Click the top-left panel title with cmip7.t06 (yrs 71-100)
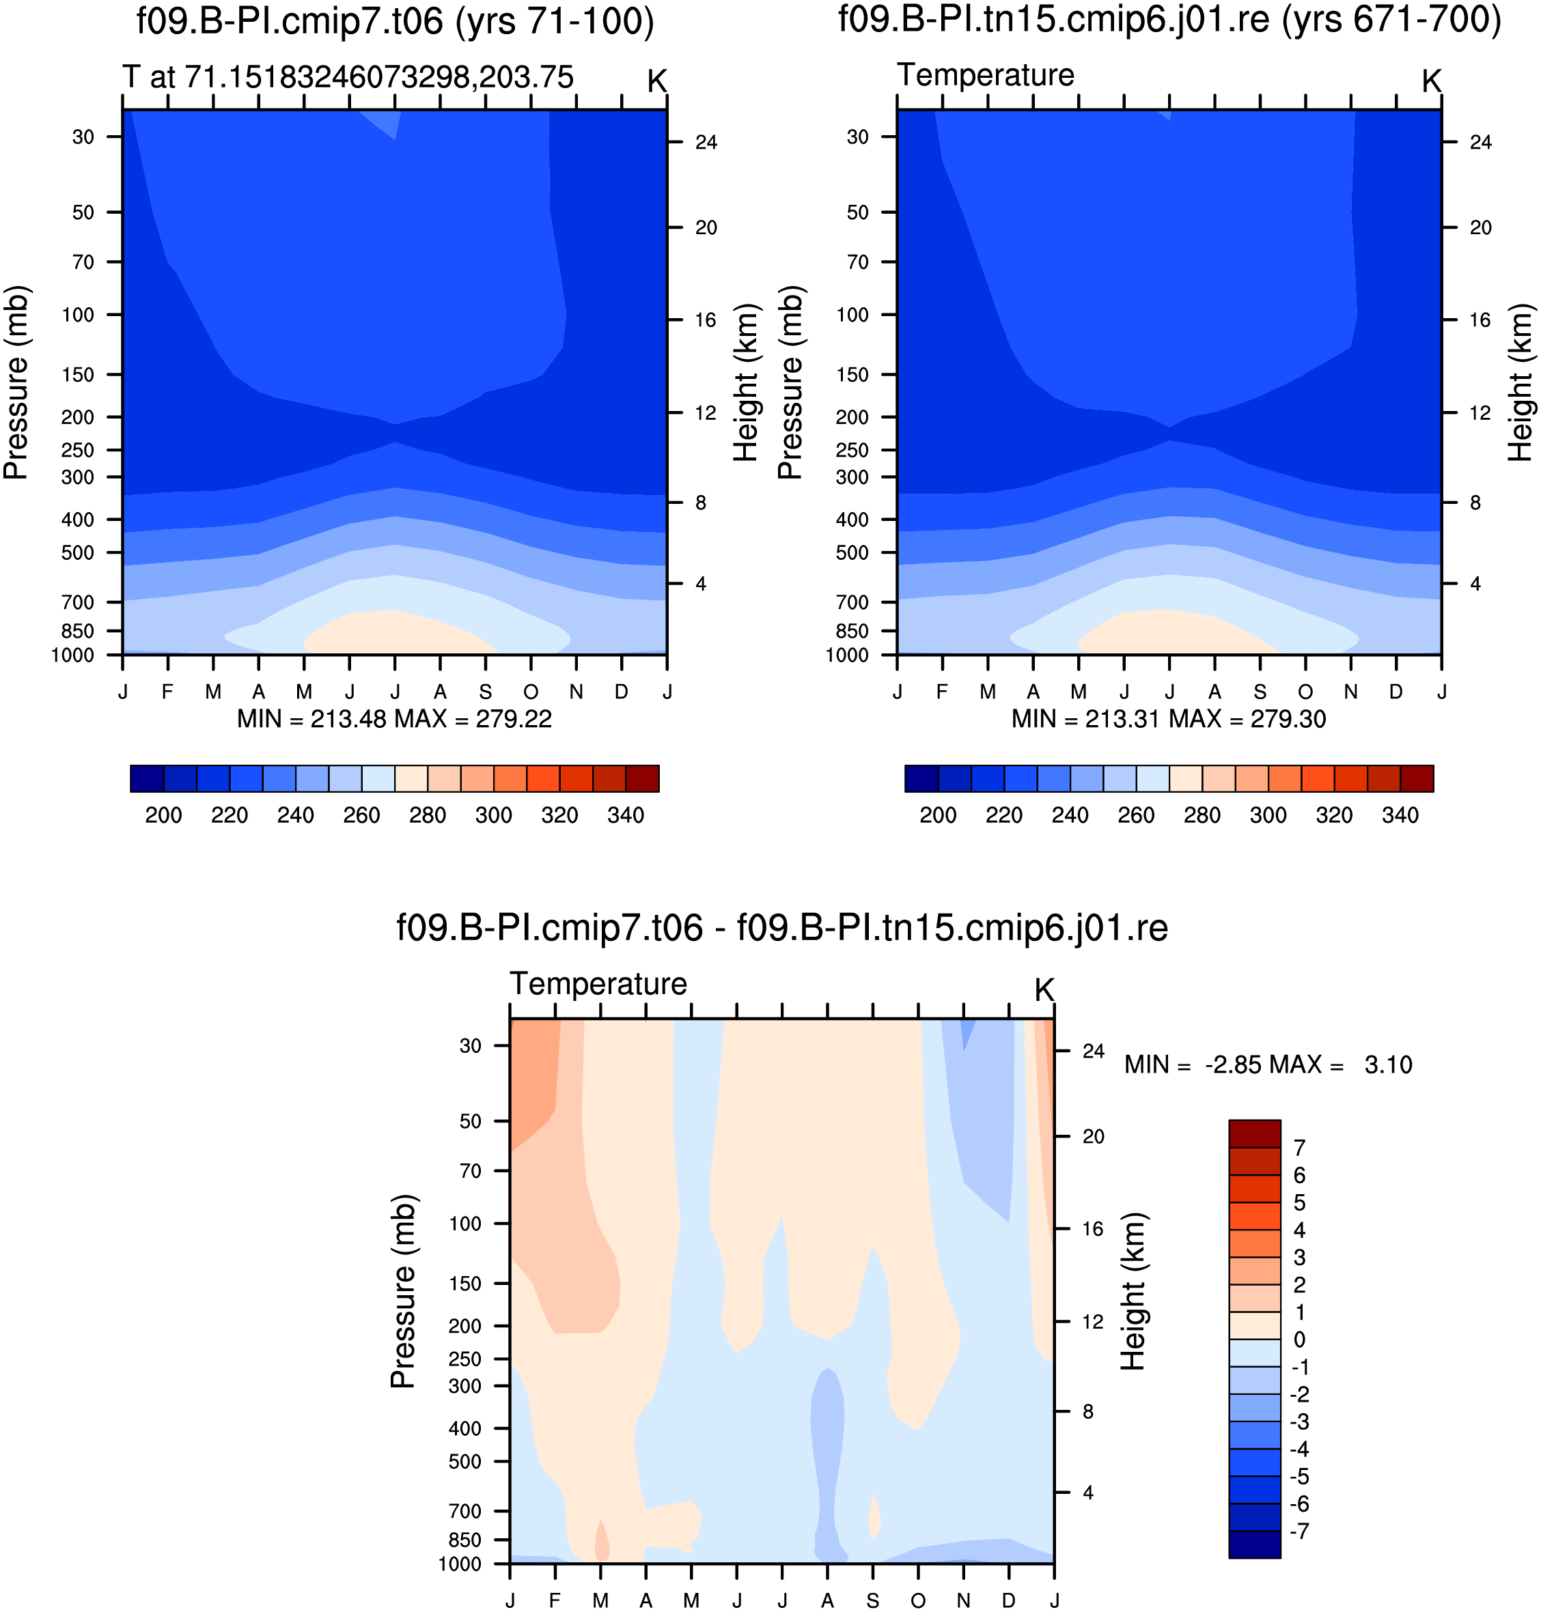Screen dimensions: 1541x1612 (x=395, y=21)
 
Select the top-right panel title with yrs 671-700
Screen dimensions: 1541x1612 (x=1169, y=20)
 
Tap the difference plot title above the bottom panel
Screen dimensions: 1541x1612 (x=782, y=928)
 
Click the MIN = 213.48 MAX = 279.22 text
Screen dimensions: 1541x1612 (x=394, y=720)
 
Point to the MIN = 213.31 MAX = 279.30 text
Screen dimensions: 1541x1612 (x=1169, y=720)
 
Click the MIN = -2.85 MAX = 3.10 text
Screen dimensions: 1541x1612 (x=1268, y=1065)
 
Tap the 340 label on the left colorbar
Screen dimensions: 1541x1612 (x=625, y=815)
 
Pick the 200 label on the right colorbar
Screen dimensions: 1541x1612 (x=938, y=815)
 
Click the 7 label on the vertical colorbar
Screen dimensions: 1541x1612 (x=1299, y=1148)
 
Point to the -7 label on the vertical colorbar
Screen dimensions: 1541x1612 (x=1299, y=1531)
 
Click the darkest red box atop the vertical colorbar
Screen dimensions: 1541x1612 (x=1254, y=1133)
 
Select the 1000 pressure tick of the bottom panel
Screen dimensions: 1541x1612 (x=460, y=1564)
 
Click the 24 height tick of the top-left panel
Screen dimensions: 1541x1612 (x=706, y=143)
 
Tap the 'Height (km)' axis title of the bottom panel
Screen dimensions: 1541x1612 (x=1134, y=1291)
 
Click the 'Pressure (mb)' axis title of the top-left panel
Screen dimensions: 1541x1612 (x=16, y=382)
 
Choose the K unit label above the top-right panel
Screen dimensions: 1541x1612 (x=1432, y=81)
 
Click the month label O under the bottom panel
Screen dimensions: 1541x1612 (x=918, y=1600)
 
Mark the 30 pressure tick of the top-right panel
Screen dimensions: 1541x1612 (x=857, y=137)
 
